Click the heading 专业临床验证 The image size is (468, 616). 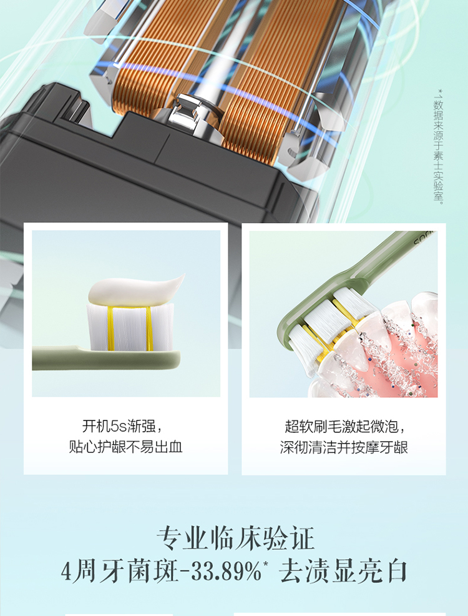235,537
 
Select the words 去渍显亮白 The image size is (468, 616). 343,571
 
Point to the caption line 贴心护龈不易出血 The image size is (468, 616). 125,447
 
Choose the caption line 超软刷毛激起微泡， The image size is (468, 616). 344,426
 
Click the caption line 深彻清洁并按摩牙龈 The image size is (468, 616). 344,447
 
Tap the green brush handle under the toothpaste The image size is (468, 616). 106,358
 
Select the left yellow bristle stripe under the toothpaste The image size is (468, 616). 110,329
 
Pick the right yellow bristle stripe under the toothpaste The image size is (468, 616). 149,329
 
